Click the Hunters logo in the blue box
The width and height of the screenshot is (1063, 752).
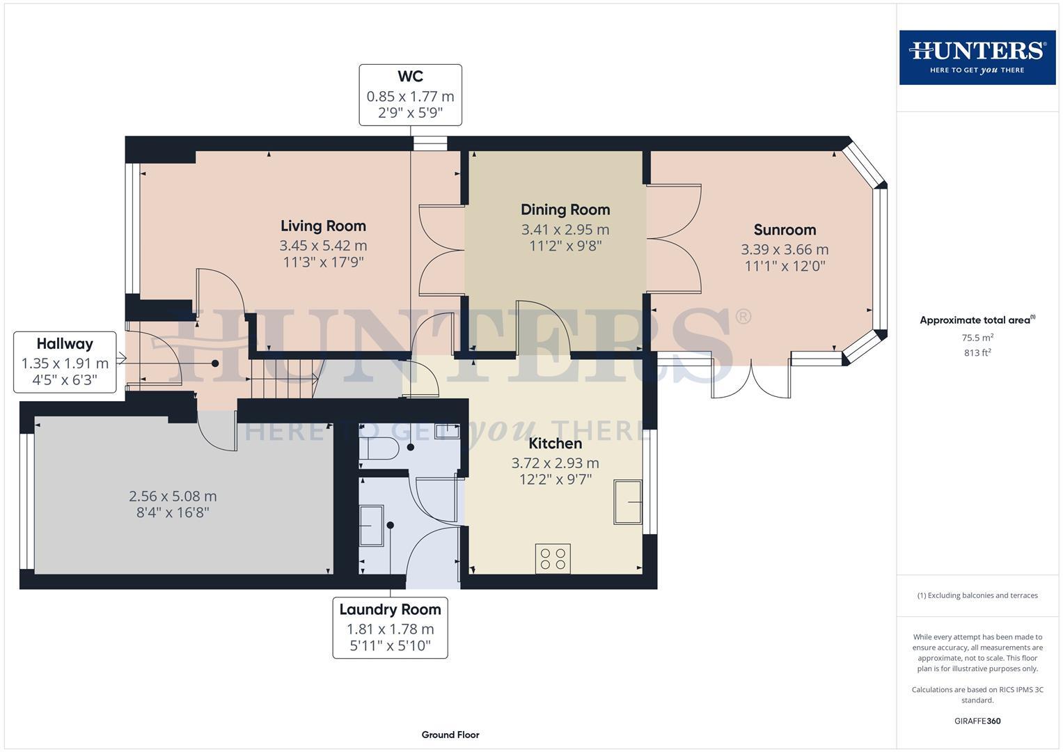click(977, 57)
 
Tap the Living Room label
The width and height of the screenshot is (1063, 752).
click(323, 226)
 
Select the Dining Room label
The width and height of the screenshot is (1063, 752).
click(565, 210)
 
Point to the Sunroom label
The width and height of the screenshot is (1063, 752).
click(785, 230)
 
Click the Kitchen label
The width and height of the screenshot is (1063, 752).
click(556, 444)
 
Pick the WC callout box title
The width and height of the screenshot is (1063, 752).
click(411, 77)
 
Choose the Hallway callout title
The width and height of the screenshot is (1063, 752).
click(65, 344)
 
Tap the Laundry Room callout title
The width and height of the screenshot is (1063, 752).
click(390, 609)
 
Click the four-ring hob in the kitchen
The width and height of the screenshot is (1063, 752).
click(553, 558)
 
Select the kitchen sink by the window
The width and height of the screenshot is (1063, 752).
click(628, 502)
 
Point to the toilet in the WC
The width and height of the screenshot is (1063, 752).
click(379, 448)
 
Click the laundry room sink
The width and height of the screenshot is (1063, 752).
click(371, 526)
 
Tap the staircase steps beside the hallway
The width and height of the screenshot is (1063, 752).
click(283, 378)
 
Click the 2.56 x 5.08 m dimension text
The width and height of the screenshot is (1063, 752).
click(173, 496)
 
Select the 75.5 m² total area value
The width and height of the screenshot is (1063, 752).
click(977, 338)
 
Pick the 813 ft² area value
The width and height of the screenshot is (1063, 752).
click(977, 352)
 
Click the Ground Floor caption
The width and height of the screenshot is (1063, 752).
click(450, 735)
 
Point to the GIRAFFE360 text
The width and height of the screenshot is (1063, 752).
click(977, 721)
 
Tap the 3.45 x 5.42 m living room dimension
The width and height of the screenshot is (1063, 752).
click(323, 245)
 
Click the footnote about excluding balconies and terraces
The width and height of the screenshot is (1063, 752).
click(977, 595)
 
